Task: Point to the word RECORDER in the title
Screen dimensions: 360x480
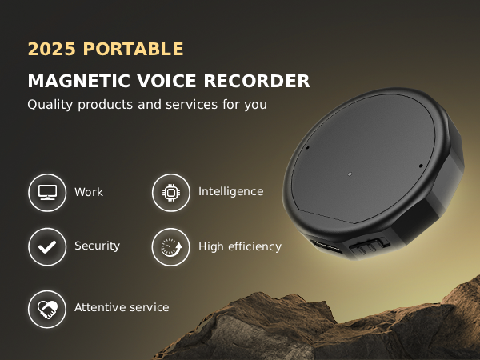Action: point(257,82)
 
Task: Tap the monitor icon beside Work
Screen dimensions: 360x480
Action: point(47,193)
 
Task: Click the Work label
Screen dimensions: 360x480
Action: point(89,193)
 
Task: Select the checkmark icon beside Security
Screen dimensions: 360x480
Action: point(47,246)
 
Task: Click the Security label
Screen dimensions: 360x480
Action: point(97,246)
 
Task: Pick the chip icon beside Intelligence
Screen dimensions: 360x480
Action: point(170,192)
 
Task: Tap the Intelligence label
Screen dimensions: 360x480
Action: point(230,192)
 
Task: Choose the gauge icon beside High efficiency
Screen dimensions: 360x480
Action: point(170,246)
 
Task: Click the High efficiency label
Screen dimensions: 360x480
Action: point(240,246)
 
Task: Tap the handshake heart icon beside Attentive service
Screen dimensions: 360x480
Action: point(47,308)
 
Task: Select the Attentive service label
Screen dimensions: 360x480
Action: point(122,307)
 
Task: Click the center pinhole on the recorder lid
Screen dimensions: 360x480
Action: point(350,173)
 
